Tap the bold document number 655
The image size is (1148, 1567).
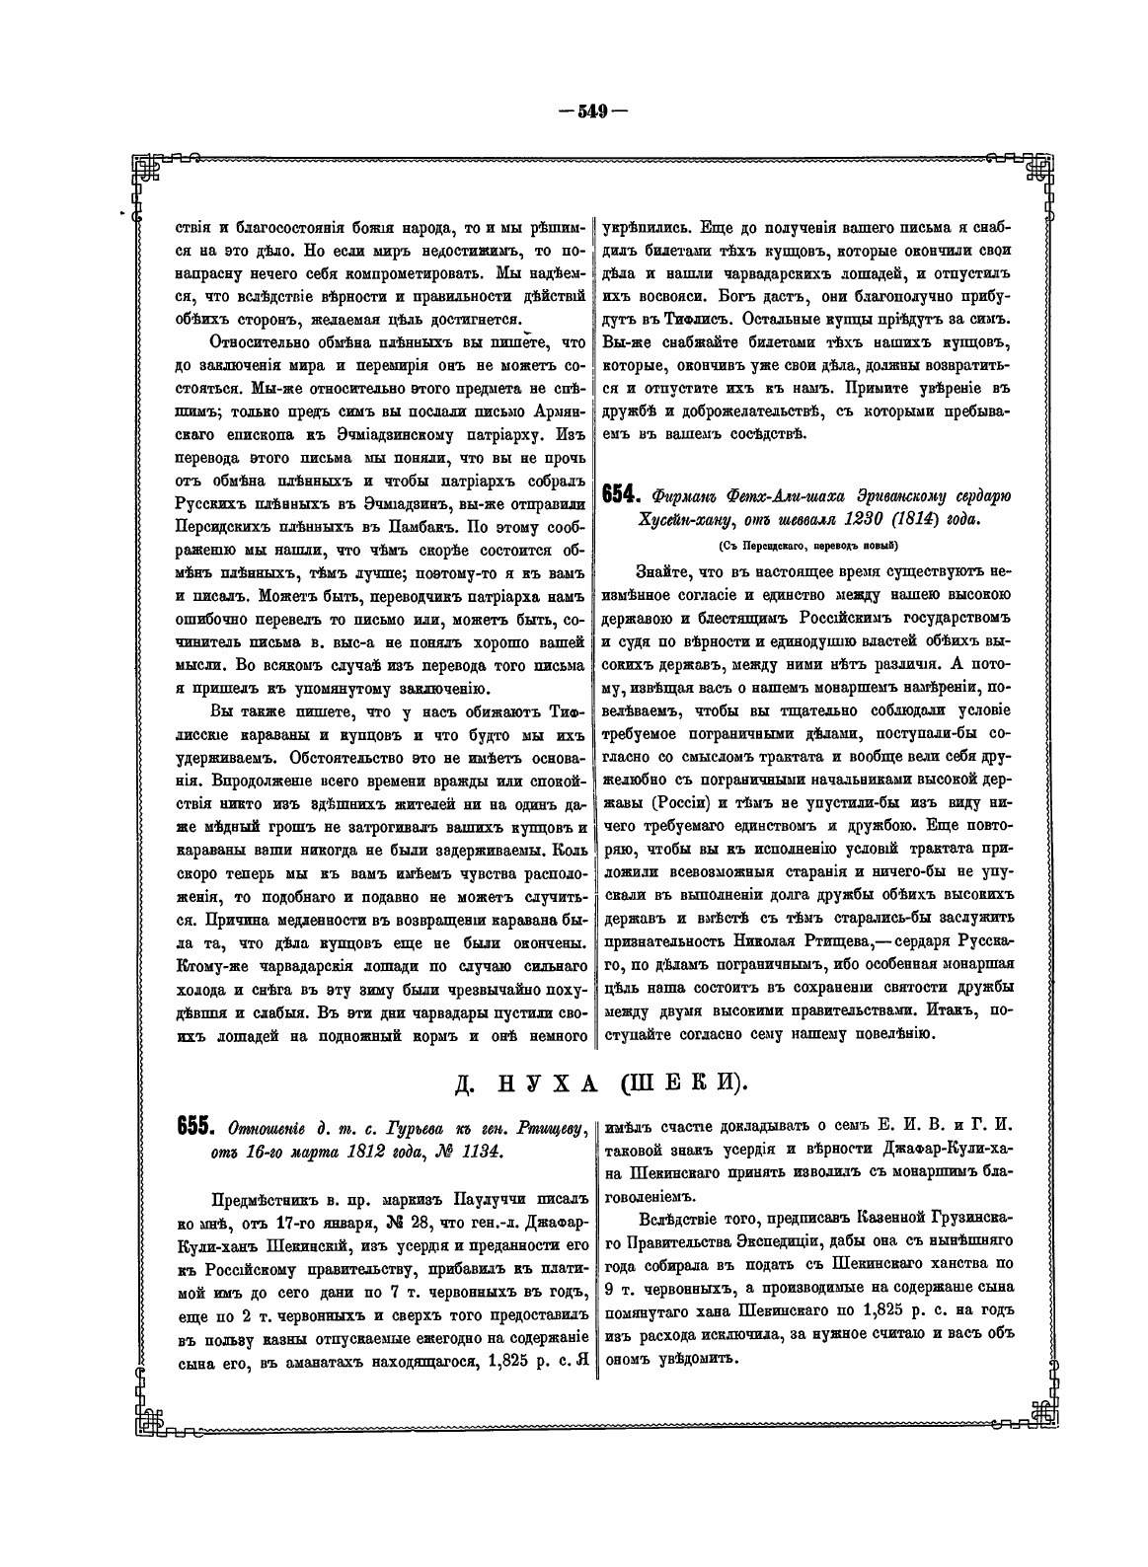(x=195, y=1126)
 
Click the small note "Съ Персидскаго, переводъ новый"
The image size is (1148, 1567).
(x=807, y=546)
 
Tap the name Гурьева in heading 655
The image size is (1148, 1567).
(x=378, y=1127)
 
